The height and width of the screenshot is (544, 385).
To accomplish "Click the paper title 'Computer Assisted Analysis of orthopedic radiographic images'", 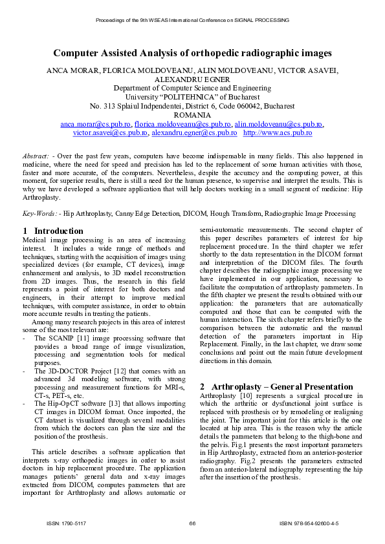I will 192,53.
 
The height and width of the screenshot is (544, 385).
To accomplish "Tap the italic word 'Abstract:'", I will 36,156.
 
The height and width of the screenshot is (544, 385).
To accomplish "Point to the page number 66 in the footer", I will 192,523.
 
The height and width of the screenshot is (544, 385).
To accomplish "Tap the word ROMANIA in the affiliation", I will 192,114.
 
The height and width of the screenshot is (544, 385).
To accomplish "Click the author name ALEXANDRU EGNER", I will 192,79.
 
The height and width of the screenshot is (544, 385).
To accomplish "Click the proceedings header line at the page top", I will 192,21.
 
